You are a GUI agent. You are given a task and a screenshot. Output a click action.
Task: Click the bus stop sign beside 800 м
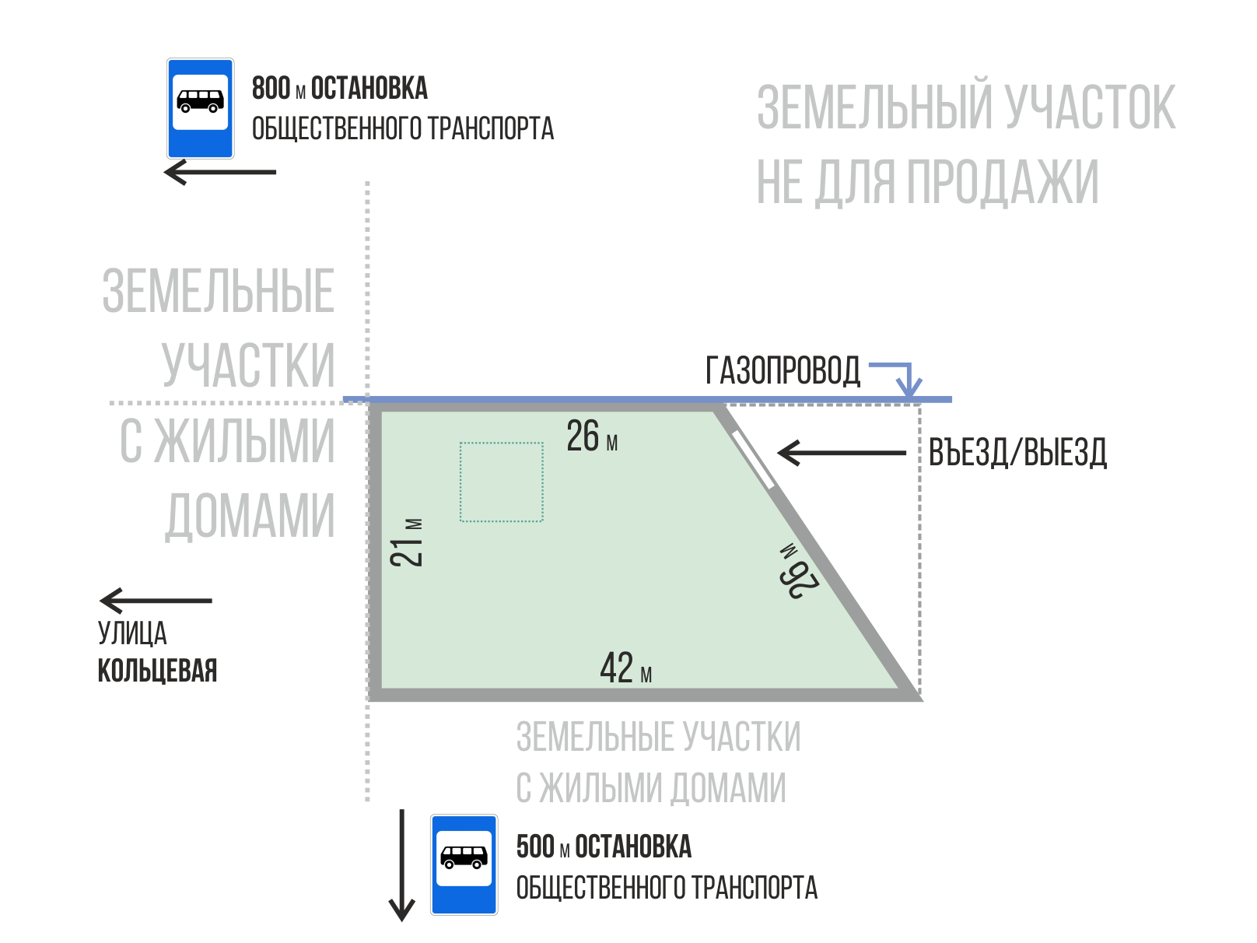200,108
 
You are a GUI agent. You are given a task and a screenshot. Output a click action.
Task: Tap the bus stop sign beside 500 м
464,864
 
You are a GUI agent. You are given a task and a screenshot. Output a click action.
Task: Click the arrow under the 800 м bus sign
220,172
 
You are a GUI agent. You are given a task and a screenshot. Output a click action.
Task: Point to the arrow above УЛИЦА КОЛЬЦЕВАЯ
156,601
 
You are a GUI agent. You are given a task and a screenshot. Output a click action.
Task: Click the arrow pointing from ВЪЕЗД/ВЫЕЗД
842,453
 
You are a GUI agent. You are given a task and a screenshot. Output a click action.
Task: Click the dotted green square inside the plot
501,482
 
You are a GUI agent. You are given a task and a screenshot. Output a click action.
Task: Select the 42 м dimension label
625,668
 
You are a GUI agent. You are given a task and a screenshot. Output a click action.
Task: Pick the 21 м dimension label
408,542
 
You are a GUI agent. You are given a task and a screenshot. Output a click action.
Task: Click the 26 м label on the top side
592,436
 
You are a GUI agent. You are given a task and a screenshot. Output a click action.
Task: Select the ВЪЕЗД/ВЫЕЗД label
1017,453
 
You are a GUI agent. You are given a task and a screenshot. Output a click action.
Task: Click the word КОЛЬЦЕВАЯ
157,671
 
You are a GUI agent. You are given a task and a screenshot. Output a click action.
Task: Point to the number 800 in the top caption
271,89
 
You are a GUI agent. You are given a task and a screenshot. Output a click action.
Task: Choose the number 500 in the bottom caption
535,847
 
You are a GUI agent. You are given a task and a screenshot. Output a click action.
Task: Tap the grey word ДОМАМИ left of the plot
250,515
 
